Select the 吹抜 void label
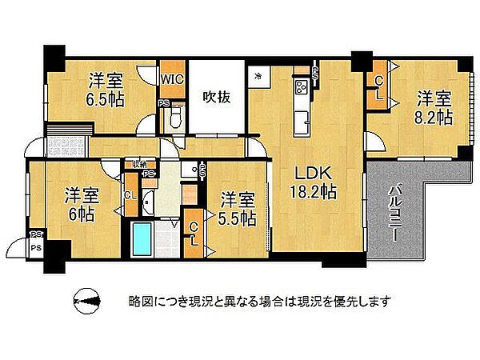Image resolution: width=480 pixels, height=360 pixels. point(214,98)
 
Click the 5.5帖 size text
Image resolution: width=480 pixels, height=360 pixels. point(239,217)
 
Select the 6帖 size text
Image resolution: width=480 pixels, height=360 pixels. point(78,214)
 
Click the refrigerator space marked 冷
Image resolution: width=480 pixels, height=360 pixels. point(258,78)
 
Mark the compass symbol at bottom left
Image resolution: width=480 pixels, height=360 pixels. point(86,302)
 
